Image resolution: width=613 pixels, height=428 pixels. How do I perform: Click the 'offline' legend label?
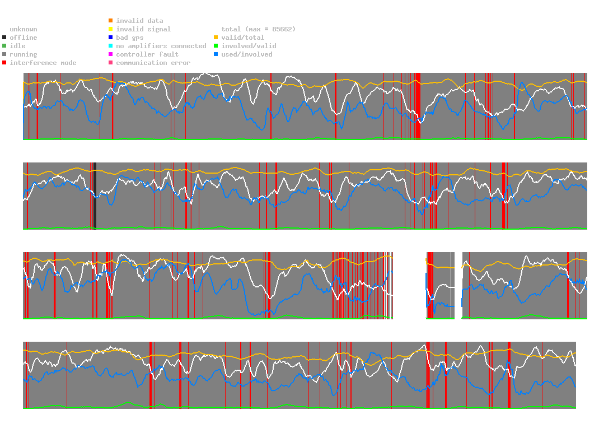pyautogui.click(x=24, y=38)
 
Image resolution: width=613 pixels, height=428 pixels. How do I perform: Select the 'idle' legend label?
pyautogui.click(x=17, y=46)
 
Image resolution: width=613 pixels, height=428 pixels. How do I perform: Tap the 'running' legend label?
pyautogui.click(x=24, y=54)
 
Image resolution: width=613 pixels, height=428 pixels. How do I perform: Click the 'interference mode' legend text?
pyautogui.click(x=43, y=63)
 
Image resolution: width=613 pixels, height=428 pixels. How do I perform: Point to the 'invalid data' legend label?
pyautogui.click(x=139, y=21)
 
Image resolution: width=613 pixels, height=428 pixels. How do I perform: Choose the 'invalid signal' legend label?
pyautogui.click(x=143, y=29)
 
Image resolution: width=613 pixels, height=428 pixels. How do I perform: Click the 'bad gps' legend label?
pyautogui.click(x=130, y=38)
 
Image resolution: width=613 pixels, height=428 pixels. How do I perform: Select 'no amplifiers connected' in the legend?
pyautogui.click(x=161, y=46)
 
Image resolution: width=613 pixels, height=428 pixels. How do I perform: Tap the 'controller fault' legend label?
pyautogui.click(x=147, y=54)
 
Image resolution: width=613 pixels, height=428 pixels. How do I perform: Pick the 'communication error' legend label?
pyautogui.click(x=153, y=63)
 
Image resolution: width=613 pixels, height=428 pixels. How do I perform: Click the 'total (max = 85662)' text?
pyautogui.click(x=259, y=29)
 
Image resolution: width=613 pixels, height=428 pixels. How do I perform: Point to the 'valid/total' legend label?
pyautogui.click(x=243, y=38)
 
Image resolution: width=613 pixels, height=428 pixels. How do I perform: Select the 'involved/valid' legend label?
pyautogui.click(x=249, y=46)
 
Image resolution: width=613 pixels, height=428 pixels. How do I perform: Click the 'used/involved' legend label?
pyautogui.click(x=247, y=54)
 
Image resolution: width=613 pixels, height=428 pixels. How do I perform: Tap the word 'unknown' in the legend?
pyautogui.click(x=24, y=29)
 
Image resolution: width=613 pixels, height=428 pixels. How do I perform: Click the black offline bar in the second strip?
pyautogui.click(x=95, y=196)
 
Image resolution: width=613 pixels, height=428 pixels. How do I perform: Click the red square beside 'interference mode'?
pyautogui.click(x=4, y=63)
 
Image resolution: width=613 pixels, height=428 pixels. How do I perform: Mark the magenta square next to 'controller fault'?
pyautogui.click(x=111, y=54)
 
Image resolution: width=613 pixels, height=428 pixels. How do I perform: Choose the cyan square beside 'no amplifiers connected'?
pyautogui.click(x=111, y=46)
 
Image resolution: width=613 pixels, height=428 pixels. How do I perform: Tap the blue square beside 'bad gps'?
pyautogui.click(x=111, y=38)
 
